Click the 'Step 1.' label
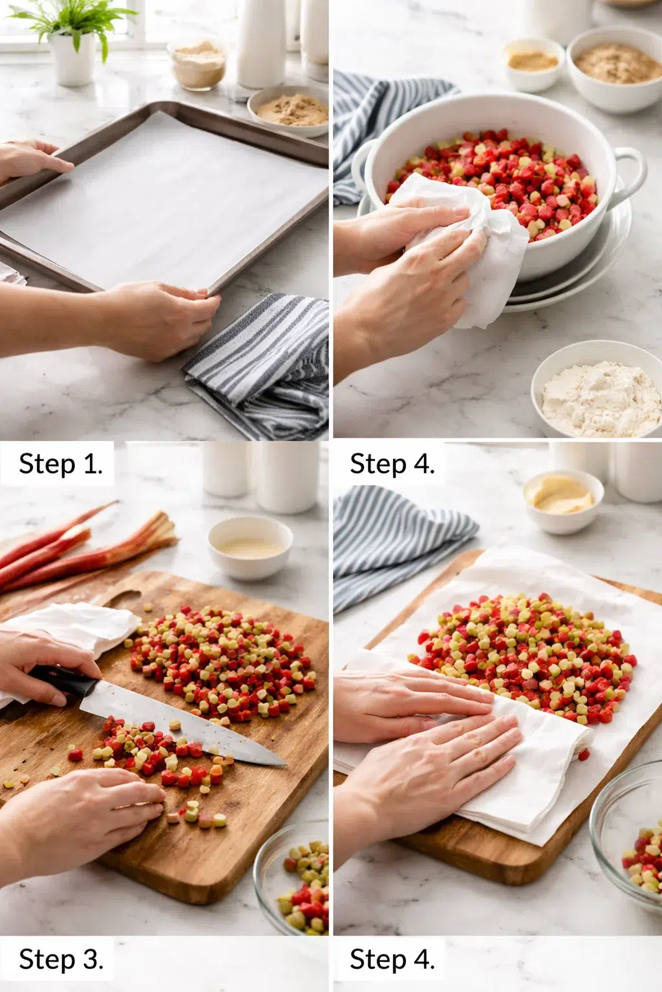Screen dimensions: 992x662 pyautogui.click(x=60, y=464)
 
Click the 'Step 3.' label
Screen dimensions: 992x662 pyautogui.click(x=60, y=959)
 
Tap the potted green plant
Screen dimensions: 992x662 pyautogui.click(x=72, y=39)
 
